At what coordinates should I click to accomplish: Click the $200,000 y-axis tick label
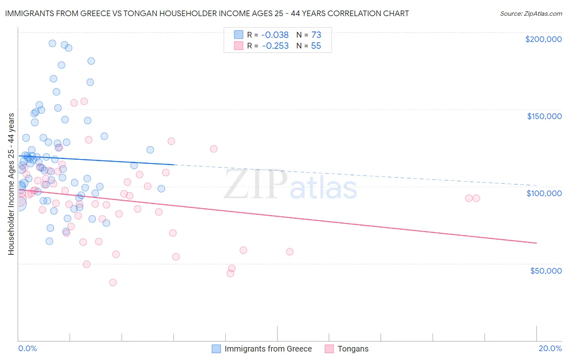pyautogui.click(x=543, y=39)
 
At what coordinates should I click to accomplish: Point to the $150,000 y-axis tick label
pyautogui.click(x=544, y=116)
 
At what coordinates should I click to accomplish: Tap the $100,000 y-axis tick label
pyautogui.click(x=544, y=193)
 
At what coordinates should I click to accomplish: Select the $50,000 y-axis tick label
pyautogui.click(x=546, y=270)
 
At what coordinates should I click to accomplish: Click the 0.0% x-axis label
pyautogui.click(x=27, y=348)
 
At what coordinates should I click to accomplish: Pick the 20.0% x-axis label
pyautogui.click(x=550, y=348)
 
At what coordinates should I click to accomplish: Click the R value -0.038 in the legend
pyautogui.click(x=275, y=35)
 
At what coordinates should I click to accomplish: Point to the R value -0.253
pyautogui.click(x=275, y=46)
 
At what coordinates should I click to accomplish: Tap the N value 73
pyautogui.click(x=316, y=35)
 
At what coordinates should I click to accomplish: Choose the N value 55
pyautogui.click(x=316, y=46)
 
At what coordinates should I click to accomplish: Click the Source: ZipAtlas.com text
pyautogui.click(x=531, y=14)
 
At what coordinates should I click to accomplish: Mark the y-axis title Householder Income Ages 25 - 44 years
pyautogui.click(x=11, y=184)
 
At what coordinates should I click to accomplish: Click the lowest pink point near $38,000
pyautogui.click(x=113, y=283)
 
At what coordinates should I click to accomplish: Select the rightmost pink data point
pyautogui.click(x=476, y=198)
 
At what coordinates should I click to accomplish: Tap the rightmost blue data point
pyautogui.click(x=161, y=188)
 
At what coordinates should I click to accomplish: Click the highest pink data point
pyautogui.click(x=84, y=101)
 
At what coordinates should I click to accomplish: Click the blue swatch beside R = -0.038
pyautogui.click(x=239, y=35)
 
